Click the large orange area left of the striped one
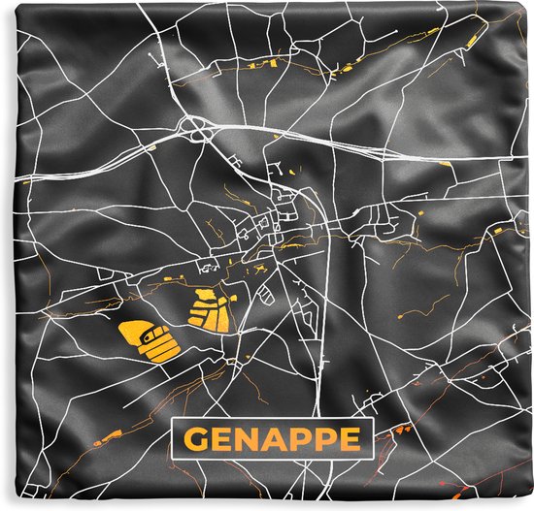click(148, 340)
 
